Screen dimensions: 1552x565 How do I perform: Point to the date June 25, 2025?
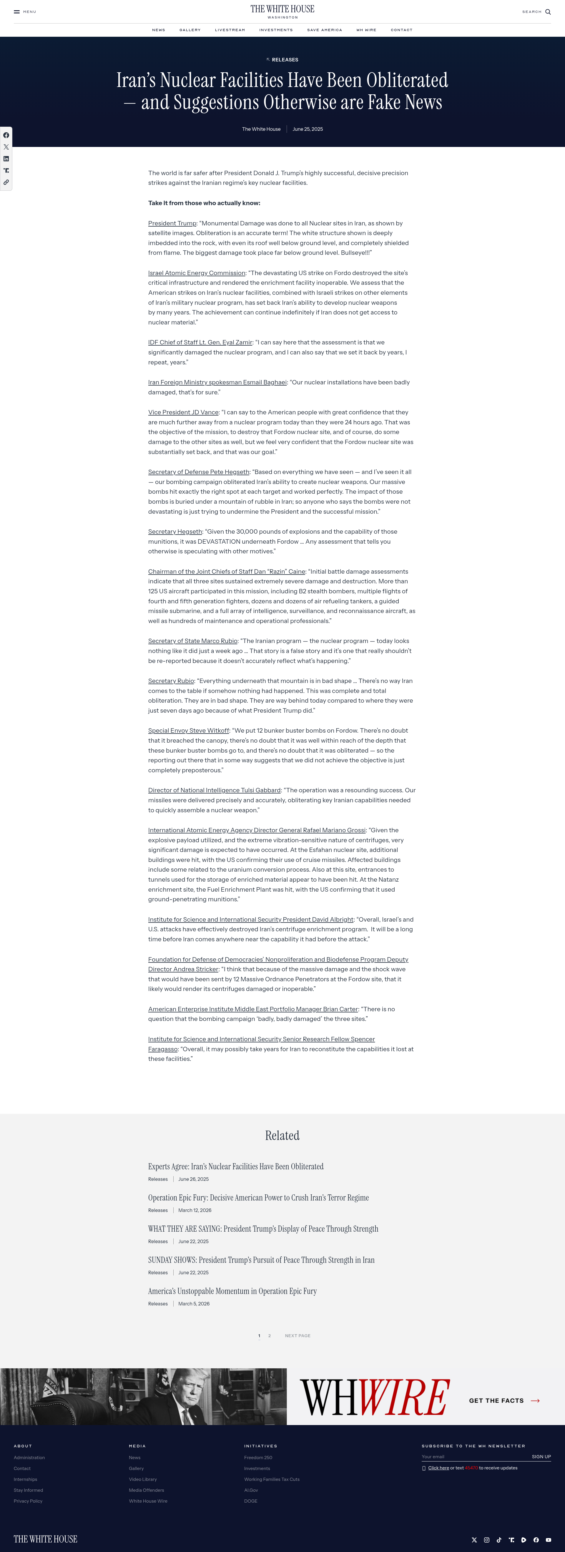[x=308, y=129]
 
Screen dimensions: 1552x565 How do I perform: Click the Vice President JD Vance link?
[x=183, y=412]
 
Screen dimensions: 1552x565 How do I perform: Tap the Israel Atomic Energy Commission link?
[x=197, y=273]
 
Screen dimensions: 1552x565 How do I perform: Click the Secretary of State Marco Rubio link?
[x=192, y=641]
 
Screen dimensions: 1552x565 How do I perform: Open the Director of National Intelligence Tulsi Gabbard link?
[x=214, y=790]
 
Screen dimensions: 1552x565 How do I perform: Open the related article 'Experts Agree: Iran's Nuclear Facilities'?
[x=236, y=1166]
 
